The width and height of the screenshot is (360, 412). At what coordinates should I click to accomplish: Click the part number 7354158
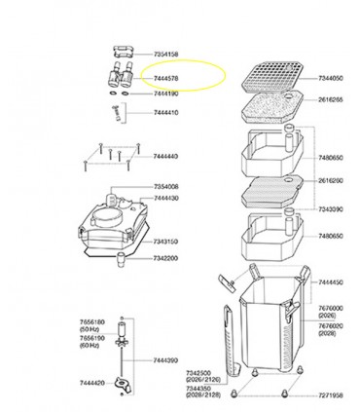[166, 56]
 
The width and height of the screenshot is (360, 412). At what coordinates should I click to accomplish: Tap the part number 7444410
[166, 113]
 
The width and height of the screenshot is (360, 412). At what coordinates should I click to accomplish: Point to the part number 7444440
[167, 156]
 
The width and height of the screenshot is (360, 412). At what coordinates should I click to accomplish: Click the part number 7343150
[167, 241]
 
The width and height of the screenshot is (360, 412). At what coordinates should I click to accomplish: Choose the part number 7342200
[167, 260]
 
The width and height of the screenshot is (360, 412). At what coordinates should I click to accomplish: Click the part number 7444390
[167, 359]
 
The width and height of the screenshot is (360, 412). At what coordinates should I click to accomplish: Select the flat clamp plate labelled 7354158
[122, 55]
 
